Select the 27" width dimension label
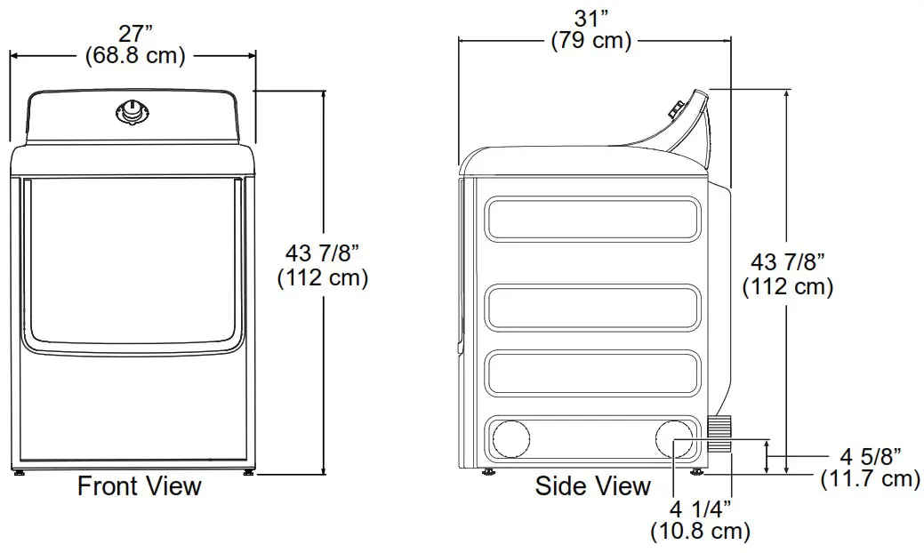tap(135, 34)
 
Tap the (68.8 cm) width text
tap(135, 56)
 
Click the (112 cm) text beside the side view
tap(787, 287)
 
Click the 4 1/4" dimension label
tap(700, 509)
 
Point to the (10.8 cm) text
tap(700, 532)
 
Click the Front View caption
tap(140, 486)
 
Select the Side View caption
tap(593, 486)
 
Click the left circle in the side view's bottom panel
tap(510, 439)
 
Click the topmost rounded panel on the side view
tap(593, 218)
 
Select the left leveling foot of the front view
tap(20, 473)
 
